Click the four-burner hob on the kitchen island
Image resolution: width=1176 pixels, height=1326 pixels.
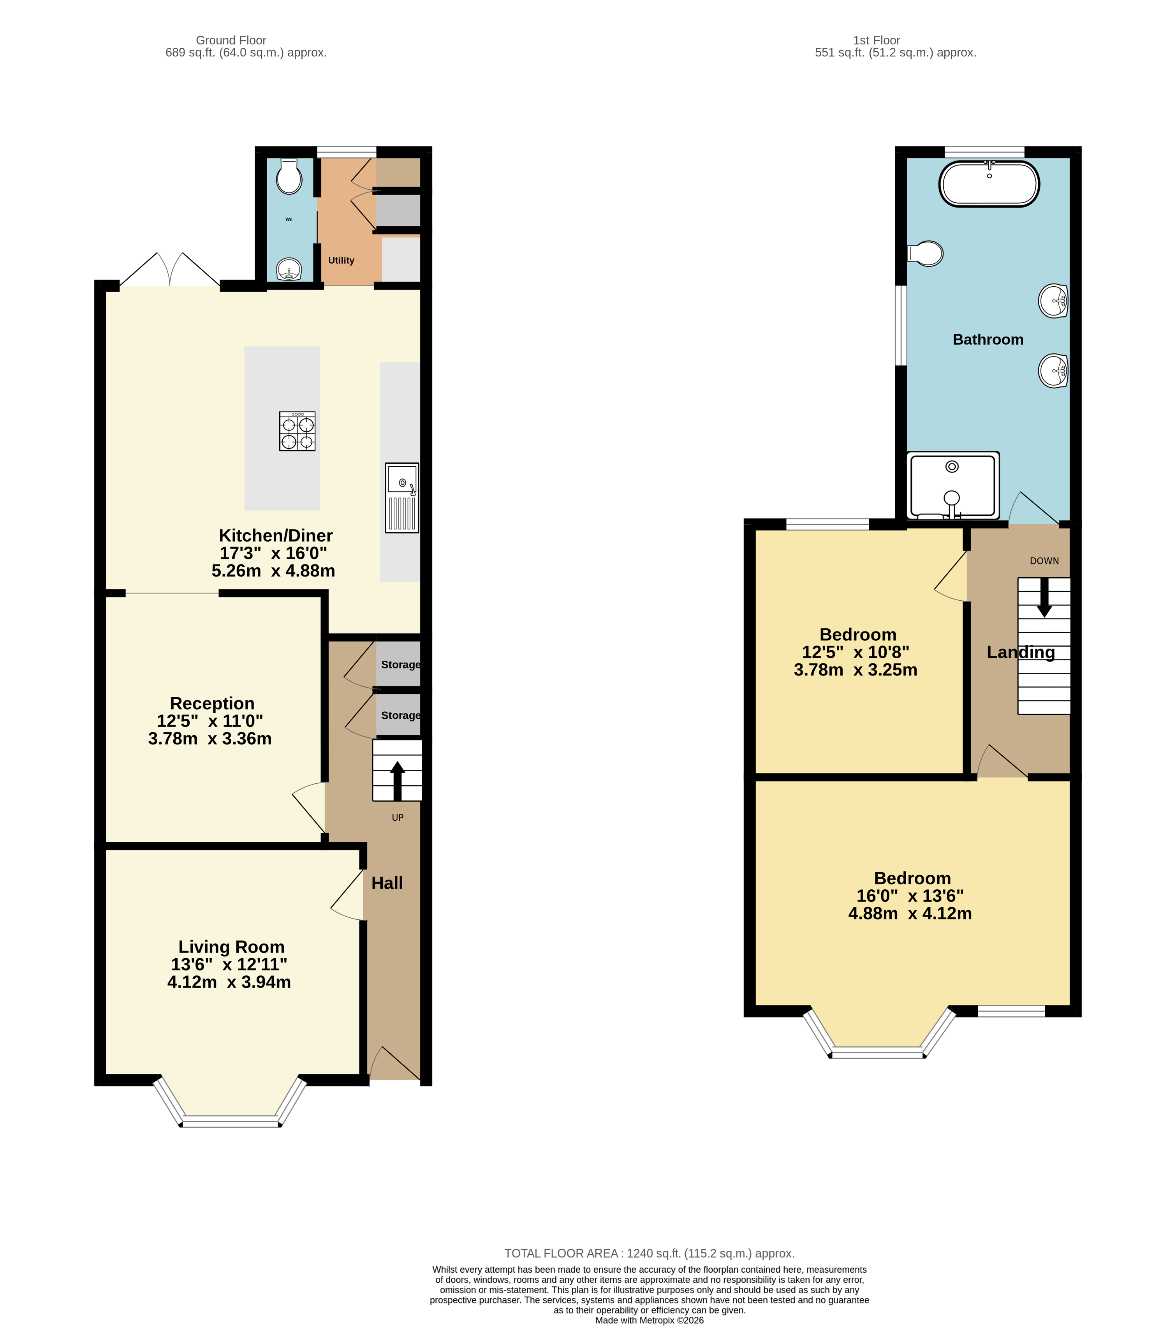pyautogui.click(x=297, y=431)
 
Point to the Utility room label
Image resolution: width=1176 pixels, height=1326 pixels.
pyautogui.click(x=341, y=260)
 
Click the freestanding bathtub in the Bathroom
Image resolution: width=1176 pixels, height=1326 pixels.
pyautogui.click(x=989, y=184)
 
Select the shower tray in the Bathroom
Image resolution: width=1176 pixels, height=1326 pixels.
pyautogui.click(x=952, y=485)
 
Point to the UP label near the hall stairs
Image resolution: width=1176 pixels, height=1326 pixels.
pyautogui.click(x=398, y=817)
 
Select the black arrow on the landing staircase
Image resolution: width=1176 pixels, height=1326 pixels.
pyautogui.click(x=1044, y=597)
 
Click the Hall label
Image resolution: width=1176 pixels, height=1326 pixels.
pyautogui.click(x=387, y=883)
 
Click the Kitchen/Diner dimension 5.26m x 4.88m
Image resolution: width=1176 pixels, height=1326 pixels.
pyautogui.click(x=273, y=571)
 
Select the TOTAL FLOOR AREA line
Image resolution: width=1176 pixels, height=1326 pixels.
pyautogui.click(x=649, y=1253)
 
